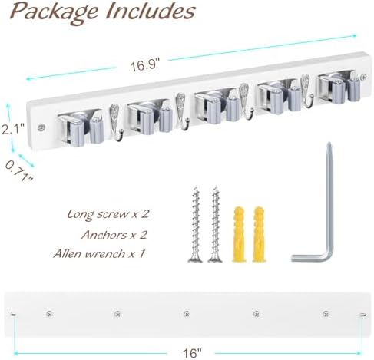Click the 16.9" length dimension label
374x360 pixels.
[145, 64]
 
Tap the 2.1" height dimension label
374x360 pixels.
[12, 128]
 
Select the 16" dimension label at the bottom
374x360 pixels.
[192, 353]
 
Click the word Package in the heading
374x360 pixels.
[55, 12]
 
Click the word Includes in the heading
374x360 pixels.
[151, 11]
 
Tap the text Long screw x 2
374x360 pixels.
[108, 214]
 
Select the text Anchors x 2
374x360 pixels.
[114, 235]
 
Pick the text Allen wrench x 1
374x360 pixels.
[99, 253]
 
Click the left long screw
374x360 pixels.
[196, 224]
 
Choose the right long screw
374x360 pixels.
[215, 224]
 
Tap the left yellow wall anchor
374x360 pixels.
[239, 234]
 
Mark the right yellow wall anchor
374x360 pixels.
[259, 234]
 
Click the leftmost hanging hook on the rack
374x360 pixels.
[116, 123]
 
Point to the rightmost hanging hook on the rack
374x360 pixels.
[306, 91]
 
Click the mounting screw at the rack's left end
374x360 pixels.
[41, 127]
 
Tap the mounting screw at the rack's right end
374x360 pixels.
[363, 77]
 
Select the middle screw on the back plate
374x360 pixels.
[187, 313]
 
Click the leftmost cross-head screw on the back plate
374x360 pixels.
[49, 313]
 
